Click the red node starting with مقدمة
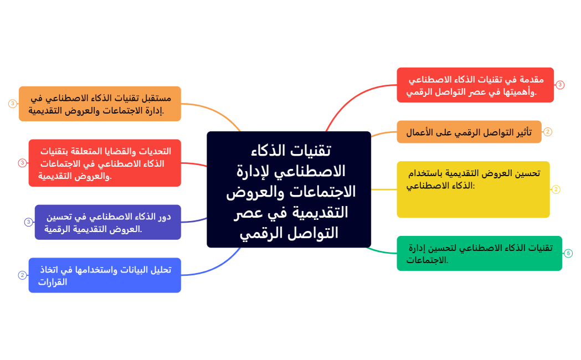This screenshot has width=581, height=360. [475, 85]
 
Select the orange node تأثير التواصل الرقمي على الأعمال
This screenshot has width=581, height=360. [469, 132]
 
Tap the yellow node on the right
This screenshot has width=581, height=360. [473, 189]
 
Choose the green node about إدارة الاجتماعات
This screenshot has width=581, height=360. [479, 253]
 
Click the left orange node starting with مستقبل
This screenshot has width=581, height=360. [100, 104]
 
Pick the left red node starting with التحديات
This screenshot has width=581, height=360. [104, 163]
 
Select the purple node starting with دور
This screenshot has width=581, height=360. [107, 222]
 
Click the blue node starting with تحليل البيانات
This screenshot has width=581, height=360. [104, 275]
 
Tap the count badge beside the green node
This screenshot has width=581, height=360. [568, 253]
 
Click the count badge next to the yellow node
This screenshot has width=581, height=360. [556, 189]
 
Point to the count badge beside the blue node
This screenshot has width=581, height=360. [22, 275]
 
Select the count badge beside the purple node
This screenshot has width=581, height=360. [29, 222]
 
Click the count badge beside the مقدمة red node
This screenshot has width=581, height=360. [560, 85]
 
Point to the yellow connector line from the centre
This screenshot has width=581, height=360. [383, 189]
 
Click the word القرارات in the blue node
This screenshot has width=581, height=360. [53, 282]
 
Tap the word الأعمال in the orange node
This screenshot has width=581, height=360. [419, 132]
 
